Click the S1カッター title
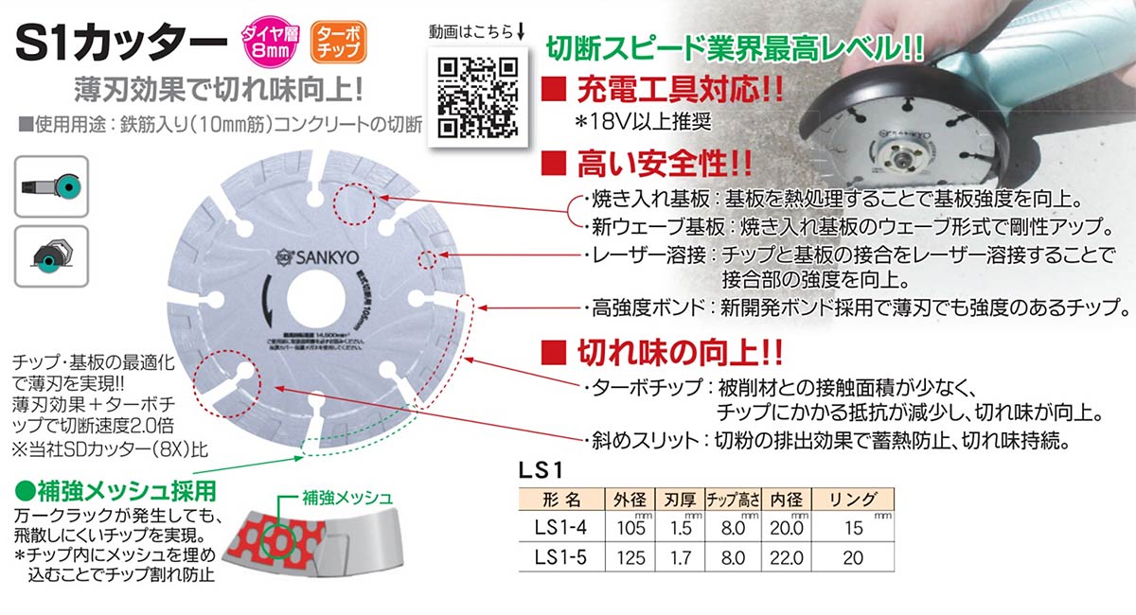pyautogui.click(x=122, y=42)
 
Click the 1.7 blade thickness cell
pyautogui.click(x=681, y=557)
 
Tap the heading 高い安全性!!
pyautogui.click(x=664, y=167)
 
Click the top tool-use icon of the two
pyautogui.click(x=52, y=184)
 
